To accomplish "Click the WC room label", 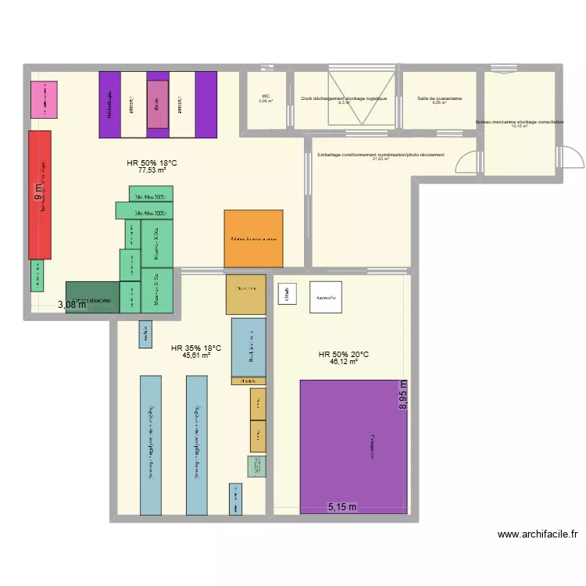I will pyautogui.click(x=266, y=96).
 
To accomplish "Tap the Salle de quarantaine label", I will pyautogui.click(x=439, y=98).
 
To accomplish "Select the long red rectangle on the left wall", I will pyautogui.click(x=40, y=195).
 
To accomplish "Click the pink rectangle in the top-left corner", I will pyautogui.click(x=44, y=99).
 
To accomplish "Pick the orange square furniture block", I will pyautogui.click(x=253, y=238).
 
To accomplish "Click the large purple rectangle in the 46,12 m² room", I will pyautogui.click(x=353, y=447).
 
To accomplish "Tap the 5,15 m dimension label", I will pyautogui.click(x=341, y=507).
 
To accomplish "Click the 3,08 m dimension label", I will pyautogui.click(x=72, y=306).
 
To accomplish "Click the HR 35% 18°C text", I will pyautogui.click(x=196, y=348).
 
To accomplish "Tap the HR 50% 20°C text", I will pyautogui.click(x=343, y=354).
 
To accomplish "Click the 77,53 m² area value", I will pyautogui.click(x=152, y=170).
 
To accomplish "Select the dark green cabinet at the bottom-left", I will pyautogui.click(x=92, y=298).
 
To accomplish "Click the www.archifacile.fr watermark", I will pyautogui.click(x=538, y=534).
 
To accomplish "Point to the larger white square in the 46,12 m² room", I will pyautogui.click(x=325, y=297).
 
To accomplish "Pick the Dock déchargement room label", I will pyautogui.click(x=344, y=98).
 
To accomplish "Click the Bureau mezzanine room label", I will pyautogui.click(x=519, y=122).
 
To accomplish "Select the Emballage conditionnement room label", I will pyautogui.click(x=381, y=155).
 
